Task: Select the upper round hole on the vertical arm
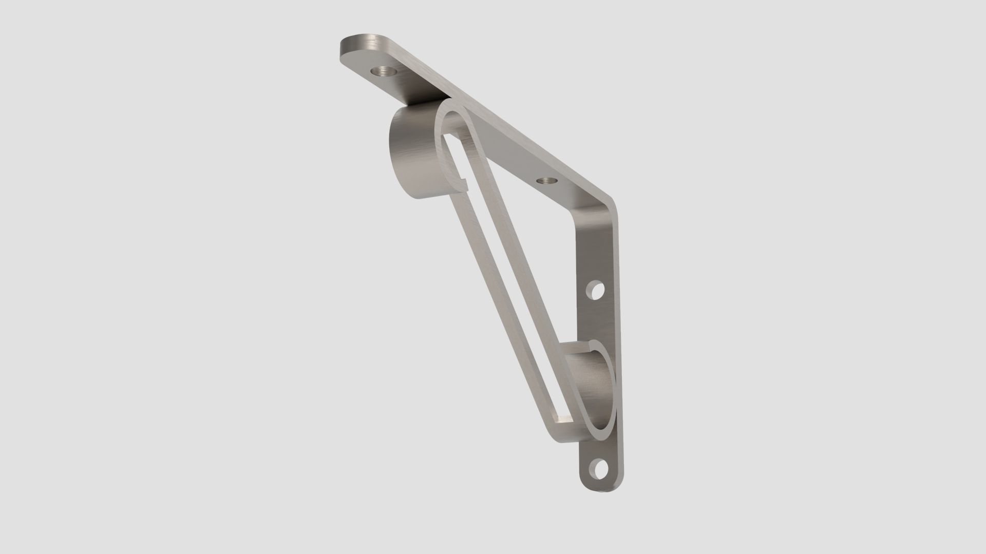(x=597, y=291)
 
